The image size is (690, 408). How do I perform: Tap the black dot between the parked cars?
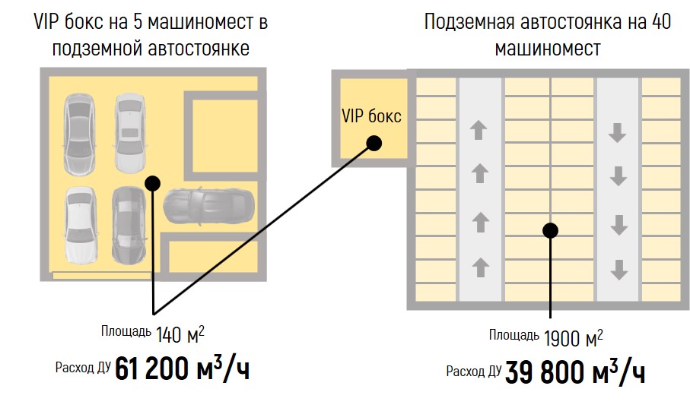(152, 182)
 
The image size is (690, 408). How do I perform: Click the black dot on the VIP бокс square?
(374, 142)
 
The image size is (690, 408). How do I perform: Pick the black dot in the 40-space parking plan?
(551, 229)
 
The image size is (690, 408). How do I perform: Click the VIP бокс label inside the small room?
(371, 116)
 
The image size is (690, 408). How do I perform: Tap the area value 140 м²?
(180, 333)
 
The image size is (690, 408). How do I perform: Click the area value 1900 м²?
(574, 337)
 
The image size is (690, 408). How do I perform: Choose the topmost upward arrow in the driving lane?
(479, 129)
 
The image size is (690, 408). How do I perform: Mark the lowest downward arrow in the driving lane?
(618, 269)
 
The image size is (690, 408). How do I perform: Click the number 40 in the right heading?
(661, 22)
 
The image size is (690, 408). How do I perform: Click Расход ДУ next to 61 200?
(83, 368)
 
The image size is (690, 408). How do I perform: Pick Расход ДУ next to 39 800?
(473, 372)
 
